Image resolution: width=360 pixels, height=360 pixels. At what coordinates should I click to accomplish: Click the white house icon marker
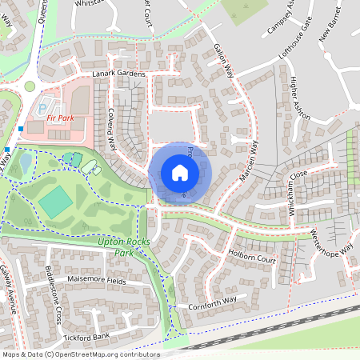pyautogui.click(x=180, y=172)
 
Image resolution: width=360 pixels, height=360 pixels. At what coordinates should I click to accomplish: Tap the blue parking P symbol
pyautogui.click(x=42, y=106)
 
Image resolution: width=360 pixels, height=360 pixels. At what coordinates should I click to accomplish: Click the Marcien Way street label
pyautogui.click(x=250, y=160)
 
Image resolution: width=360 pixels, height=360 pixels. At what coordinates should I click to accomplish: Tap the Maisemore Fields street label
pyautogui.click(x=97, y=280)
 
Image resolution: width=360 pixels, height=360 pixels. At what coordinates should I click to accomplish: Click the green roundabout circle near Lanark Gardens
pyautogui.click(x=30, y=86)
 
